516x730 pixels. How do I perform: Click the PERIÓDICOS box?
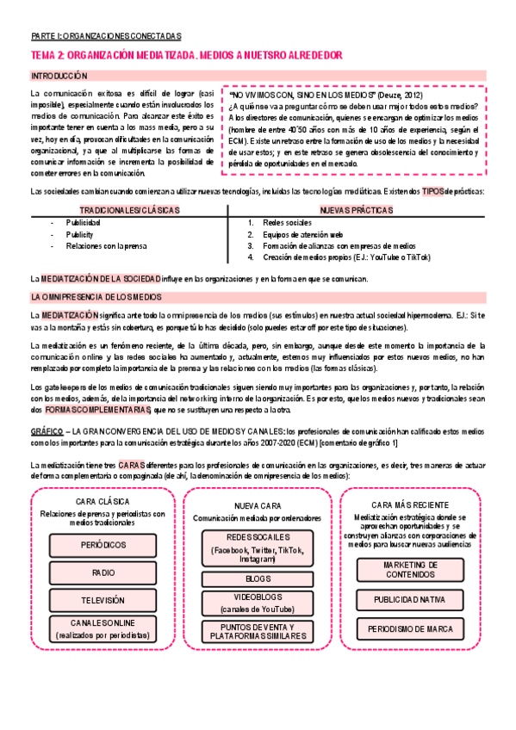coord(103,546)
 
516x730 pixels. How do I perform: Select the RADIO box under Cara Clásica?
coord(103,572)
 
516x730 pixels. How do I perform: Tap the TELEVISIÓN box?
coord(103,600)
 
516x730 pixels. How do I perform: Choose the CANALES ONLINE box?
coord(103,628)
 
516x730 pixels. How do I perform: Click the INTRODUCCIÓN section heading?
coord(54,76)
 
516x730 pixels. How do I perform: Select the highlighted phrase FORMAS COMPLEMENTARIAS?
coord(90,410)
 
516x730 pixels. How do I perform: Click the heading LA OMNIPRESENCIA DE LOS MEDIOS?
coord(90,297)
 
